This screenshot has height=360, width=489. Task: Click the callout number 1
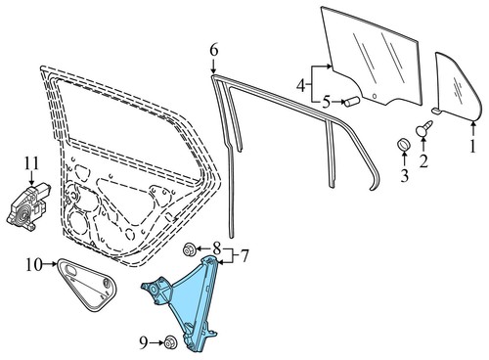coord(471,148)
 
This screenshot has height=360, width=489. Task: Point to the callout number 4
coord(299,85)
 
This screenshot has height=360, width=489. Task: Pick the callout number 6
coord(214,50)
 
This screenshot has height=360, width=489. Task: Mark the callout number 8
coord(217,249)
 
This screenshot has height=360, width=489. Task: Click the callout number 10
coord(32,263)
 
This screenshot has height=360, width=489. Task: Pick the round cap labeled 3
coord(400,147)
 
